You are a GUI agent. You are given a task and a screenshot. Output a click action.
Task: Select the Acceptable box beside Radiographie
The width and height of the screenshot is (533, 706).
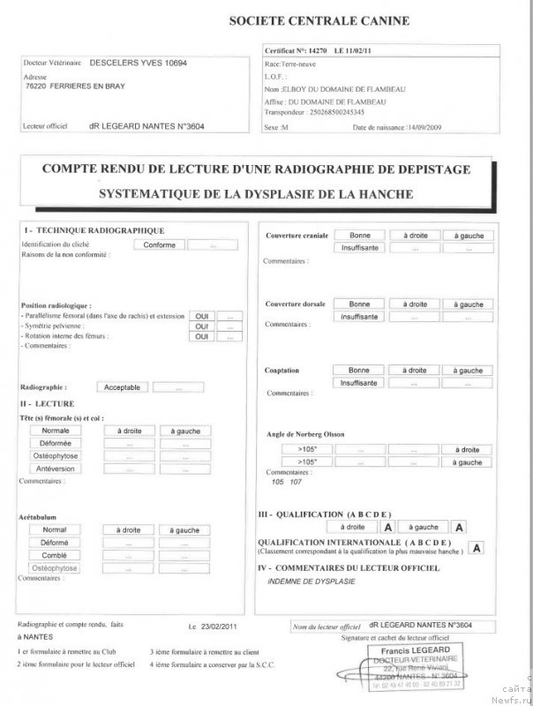coord(122,387)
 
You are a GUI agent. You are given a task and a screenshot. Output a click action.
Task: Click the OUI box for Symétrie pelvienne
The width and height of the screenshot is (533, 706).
coord(201,326)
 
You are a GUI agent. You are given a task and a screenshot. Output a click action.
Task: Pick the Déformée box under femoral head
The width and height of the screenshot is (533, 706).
coord(56,443)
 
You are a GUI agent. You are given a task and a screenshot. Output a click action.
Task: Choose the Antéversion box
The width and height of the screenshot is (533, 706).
coord(56,469)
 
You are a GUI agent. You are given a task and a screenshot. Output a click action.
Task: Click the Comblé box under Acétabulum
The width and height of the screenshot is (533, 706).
coord(55,555)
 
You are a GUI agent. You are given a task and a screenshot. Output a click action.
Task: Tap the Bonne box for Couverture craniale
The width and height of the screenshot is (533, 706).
coord(360,236)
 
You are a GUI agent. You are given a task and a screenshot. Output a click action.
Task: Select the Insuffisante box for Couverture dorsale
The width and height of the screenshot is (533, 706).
coord(359,315)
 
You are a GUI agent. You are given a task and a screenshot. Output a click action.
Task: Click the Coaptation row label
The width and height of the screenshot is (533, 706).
coord(282,371)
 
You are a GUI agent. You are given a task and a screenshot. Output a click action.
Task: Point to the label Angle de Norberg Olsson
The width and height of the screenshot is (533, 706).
coord(305,434)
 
